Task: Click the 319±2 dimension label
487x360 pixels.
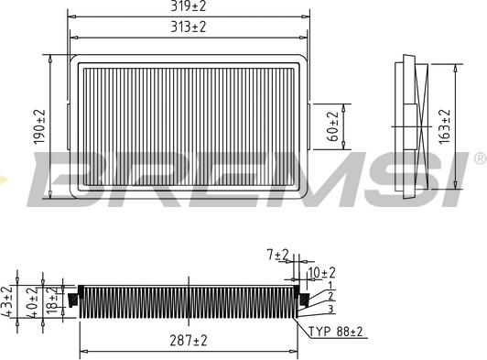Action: [x=189, y=7]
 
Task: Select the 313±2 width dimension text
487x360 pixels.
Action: [x=189, y=27]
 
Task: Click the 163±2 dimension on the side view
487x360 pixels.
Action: [x=445, y=126]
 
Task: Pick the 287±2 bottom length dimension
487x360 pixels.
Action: [x=189, y=340]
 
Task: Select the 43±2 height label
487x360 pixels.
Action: [x=7, y=301]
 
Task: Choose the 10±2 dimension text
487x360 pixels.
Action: [x=321, y=272]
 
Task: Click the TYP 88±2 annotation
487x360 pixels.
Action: [x=337, y=332]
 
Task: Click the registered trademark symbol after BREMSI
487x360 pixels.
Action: [x=479, y=159]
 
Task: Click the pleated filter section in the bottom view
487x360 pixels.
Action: [x=189, y=301]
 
